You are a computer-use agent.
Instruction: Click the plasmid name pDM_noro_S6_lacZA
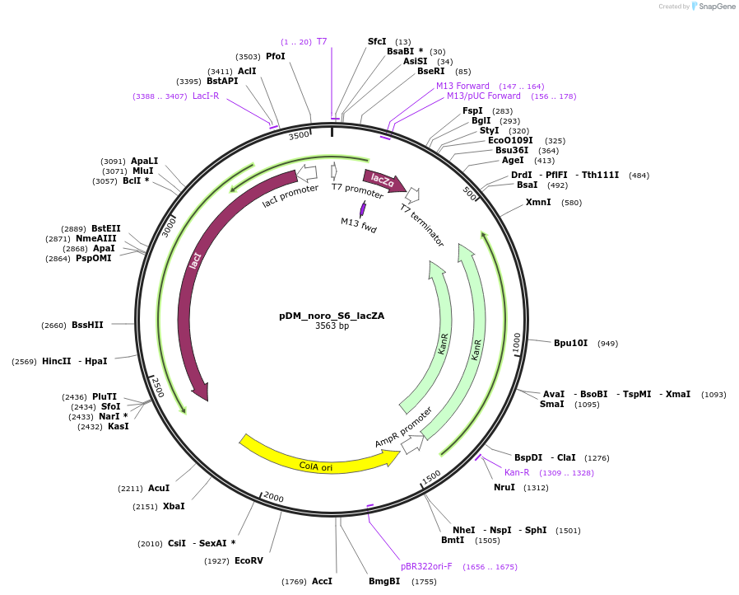(332, 316)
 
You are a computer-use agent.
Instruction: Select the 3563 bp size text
(332, 326)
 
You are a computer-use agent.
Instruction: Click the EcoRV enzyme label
(249, 561)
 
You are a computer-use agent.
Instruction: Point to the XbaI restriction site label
(174, 506)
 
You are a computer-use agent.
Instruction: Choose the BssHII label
(87, 325)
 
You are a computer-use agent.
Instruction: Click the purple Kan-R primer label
(517, 472)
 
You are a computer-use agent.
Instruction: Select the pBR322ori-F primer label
(426, 567)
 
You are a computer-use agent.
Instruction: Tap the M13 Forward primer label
(462, 86)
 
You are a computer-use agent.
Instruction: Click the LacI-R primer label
(206, 96)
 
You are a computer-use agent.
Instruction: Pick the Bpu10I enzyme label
(569, 343)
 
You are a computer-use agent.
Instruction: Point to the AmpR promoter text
(403, 428)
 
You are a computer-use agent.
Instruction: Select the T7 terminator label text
(422, 225)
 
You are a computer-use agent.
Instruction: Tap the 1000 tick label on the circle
(516, 344)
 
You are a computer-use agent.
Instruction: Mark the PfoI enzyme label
(275, 56)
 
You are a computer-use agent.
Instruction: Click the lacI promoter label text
(290, 195)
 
